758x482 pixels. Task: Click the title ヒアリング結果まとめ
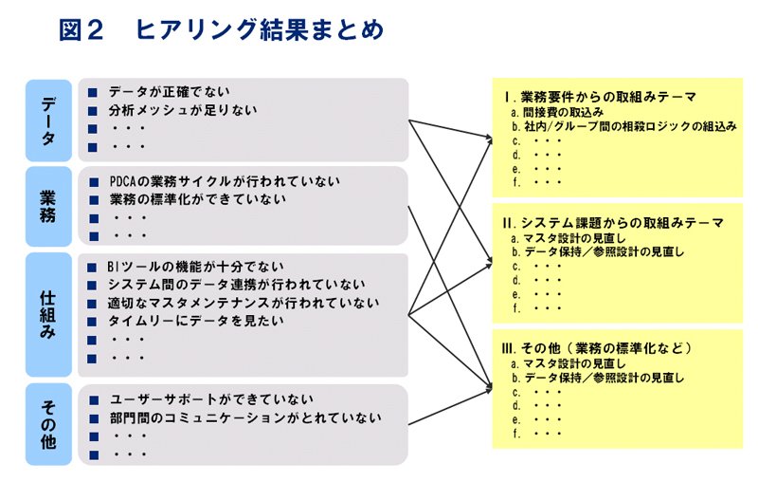(260, 29)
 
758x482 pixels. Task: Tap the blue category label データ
(48, 120)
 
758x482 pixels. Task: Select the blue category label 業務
(48, 207)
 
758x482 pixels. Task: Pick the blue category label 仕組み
(48, 315)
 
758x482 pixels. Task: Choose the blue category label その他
(48, 424)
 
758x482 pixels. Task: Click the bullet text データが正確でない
(169, 91)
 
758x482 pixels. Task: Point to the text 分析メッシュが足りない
(183, 110)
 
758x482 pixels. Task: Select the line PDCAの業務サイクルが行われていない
(225, 181)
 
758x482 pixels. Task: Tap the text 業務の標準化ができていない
(198, 199)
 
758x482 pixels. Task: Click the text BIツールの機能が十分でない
(195, 267)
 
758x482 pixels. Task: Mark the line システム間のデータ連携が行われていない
(236, 285)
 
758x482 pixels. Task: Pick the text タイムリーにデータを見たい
(195, 321)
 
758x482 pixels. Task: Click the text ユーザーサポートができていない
(211, 399)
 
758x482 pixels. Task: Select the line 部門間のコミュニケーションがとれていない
(245, 417)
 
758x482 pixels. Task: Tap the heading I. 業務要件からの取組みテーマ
(600, 97)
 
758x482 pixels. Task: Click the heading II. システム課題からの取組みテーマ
(613, 223)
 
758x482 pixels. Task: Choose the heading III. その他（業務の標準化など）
(598, 348)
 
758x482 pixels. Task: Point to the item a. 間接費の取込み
(557, 113)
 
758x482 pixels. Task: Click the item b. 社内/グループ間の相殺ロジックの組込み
(623, 127)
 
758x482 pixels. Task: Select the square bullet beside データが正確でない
(93, 92)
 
